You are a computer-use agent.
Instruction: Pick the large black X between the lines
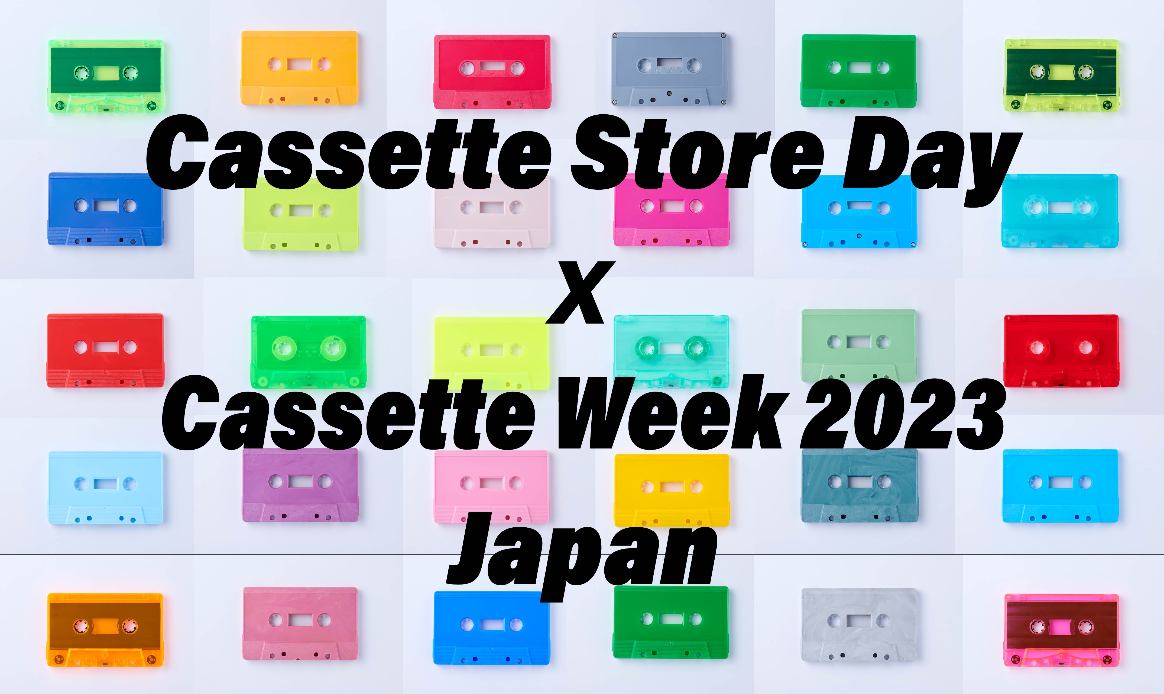[x=580, y=292]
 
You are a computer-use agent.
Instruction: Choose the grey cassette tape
[x=669, y=69]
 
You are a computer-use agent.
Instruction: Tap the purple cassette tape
[x=300, y=485]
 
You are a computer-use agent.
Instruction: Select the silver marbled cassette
[x=859, y=625]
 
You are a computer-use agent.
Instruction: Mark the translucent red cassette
[x=1061, y=351]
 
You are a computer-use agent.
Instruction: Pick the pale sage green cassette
[x=859, y=345]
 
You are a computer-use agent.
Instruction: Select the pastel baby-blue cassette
[x=106, y=487]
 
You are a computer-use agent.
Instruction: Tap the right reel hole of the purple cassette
[x=325, y=481]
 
